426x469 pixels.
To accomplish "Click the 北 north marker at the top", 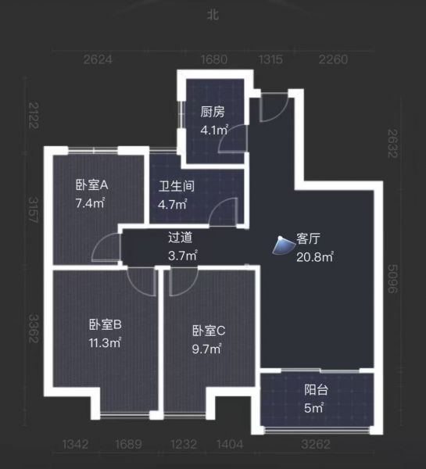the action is [213, 15].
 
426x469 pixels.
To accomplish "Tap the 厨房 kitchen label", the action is [212, 112].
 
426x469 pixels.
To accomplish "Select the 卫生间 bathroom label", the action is [176, 186].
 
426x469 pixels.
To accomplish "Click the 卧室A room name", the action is [91, 185].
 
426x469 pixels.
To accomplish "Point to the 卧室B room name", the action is [106, 324].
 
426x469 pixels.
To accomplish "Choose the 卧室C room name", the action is [209, 331].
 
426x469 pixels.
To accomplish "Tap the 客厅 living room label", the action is [308, 238].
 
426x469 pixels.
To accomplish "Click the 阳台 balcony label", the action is [316, 390].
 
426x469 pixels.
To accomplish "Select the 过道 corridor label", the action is [180, 237].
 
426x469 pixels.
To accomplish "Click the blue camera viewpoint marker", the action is [282, 245].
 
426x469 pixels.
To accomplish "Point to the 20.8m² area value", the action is [315, 257].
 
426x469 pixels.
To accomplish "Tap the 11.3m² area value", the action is [105, 342].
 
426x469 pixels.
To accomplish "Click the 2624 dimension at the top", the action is [98, 59].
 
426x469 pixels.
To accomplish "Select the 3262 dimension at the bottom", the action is [316, 445].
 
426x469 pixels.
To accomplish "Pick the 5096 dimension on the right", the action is [393, 279].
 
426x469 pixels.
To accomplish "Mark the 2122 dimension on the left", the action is [34, 116].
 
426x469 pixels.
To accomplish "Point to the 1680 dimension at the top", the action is [214, 59].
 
